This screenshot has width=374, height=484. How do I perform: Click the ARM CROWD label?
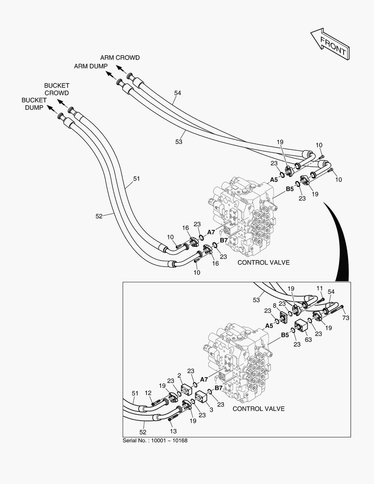click(x=120, y=58)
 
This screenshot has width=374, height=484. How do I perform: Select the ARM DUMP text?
click(x=91, y=66)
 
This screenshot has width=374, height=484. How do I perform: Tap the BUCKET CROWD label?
click(x=56, y=89)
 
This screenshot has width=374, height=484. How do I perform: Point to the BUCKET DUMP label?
click(x=33, y=104)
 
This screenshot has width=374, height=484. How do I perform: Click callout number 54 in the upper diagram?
click(x=178, y=93)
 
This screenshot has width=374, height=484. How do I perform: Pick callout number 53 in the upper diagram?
click(x=179, y=142)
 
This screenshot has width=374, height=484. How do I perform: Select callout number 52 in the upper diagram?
click(x=99, y=216)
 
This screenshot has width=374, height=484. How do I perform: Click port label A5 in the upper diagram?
click(x=274, y=179)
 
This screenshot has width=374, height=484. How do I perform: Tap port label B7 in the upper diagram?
click(x=224, y=241)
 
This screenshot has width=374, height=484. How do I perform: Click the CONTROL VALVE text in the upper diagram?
click(x=263, y=263)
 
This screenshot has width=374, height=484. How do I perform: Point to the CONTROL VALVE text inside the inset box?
click(x=258, y=409)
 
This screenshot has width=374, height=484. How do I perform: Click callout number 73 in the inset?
click(x=346, y=318)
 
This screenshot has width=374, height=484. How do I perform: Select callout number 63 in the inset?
click(x=308, y=340)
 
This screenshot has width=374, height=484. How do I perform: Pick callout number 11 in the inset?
click(x=319, y=288)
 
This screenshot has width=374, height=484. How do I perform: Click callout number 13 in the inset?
click(x=174, y=431)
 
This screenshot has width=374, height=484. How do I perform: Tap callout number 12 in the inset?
click(x=148, y=393)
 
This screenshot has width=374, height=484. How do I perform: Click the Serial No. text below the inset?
click(x=155, y=441)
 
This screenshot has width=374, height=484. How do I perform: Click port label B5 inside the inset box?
click(x=285, y=335)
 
